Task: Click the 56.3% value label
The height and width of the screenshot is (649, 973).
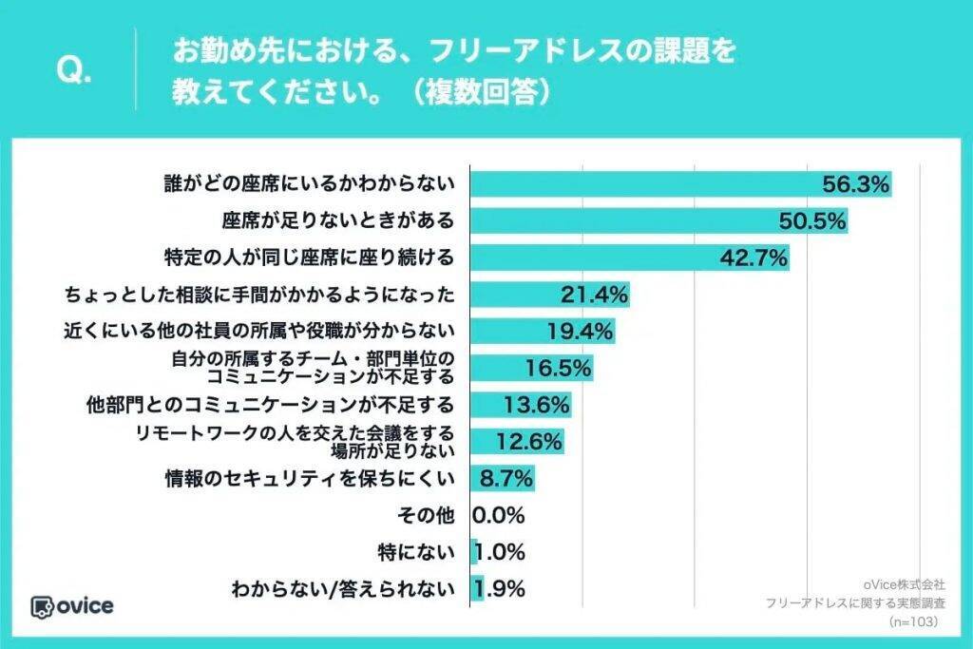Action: coord(855,184)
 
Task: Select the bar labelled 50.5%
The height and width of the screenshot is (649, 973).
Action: coord(656,221)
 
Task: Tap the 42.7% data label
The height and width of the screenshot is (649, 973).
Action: coord(754,258)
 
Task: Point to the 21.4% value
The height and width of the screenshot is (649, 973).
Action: coord(594,295)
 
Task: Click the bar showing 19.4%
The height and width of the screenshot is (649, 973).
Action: coord(542,331)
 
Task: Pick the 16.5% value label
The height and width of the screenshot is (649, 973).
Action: coord(559,367)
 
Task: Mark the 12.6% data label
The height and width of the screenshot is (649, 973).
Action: coord(529,441)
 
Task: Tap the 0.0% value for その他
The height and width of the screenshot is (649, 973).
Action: coord(499,515)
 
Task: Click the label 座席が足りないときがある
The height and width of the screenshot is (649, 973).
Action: coord(338,221)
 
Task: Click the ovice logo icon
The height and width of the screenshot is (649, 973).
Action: coord(42,606)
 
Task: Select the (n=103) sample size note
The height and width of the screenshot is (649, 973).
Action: coord(913,621)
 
